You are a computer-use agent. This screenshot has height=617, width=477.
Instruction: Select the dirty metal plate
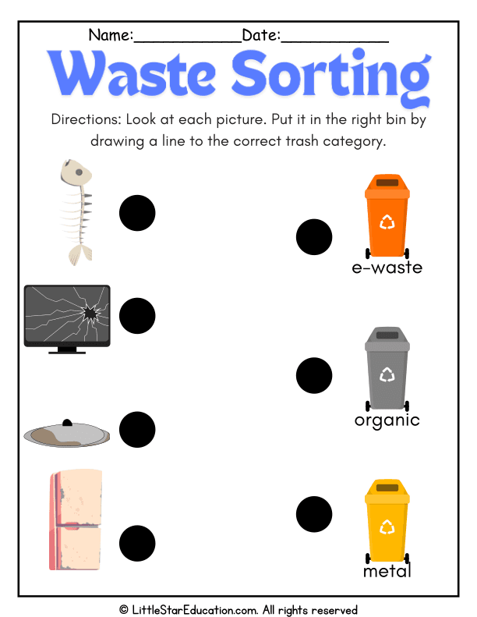pyautogui.click(x=67, y=434)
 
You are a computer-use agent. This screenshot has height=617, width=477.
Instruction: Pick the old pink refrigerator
pyautogui.click(x=76, y=519)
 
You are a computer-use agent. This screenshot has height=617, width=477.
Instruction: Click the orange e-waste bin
pyautogui.click(x=387, y=216)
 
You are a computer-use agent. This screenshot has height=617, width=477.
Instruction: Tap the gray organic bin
pyautogui.click(x=387, y=369)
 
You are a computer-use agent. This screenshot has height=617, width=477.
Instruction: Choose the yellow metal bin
pyautogui.click(x=387, y=521)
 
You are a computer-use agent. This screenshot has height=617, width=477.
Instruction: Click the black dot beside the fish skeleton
pyautogui.click(x=137, y=213)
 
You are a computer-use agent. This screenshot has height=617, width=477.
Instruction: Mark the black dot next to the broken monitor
pyautogui.click(x=137, y=316)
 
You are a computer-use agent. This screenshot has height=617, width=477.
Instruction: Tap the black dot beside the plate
pyautogui.click(x=137, y=430)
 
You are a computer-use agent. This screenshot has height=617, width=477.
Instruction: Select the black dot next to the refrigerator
pyautogui.click(x=137, y=544)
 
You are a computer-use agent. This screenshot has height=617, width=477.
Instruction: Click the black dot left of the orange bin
pyautogui.click(x=314, y=237)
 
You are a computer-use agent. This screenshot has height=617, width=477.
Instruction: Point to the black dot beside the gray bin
pyautogui.click(x=314, y=375)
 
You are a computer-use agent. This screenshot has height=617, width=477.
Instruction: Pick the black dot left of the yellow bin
pyautogui.click(x=314, y=514)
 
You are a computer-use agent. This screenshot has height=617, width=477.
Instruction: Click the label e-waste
pyautogui.click(x=387, y=268)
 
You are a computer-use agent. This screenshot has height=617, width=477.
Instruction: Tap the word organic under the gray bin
pyautogui.click(x=387, y=421)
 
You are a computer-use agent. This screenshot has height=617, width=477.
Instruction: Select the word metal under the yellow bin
pyautogui.click(x=387, y=570)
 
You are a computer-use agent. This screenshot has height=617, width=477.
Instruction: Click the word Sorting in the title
pyautogui.click(x=331, y=76)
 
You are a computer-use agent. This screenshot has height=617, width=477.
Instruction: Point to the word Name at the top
pyautogui.click(x=111, y=35)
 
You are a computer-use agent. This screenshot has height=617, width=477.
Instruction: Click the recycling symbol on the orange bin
pyautogui.click(x=387, y=222)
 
